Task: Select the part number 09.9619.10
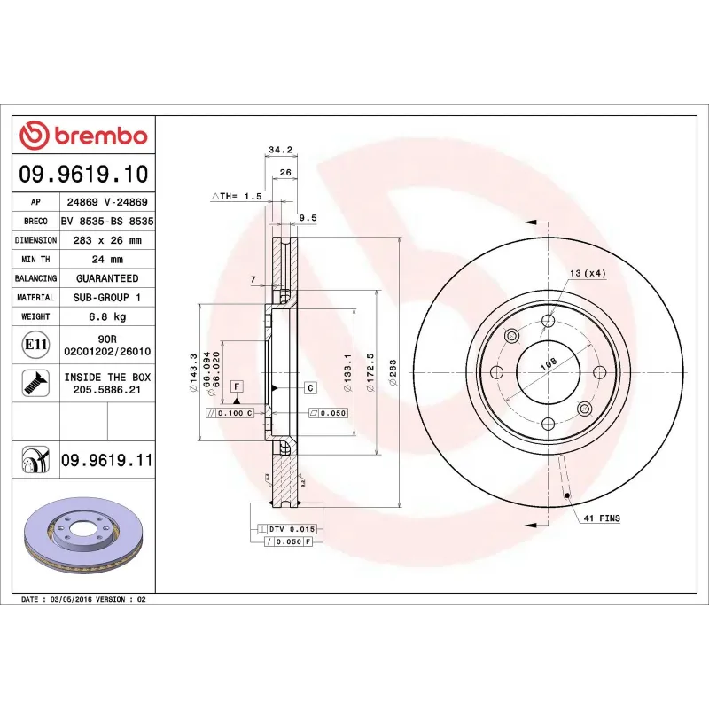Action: tap(84, 173)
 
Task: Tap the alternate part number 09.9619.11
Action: tap(106, 461)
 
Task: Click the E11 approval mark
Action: tap(35, 344)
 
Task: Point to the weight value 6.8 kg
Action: tap(107, 316)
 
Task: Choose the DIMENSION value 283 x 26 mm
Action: tap(107, 240)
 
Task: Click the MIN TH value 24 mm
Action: tap(107, 260)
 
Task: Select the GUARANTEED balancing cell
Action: tap(107, 278)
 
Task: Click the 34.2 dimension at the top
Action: tap(279, 150)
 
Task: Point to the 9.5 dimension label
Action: tap(308, 217)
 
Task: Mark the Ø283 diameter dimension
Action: tap(393, 373)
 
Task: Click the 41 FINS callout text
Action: tap(603, 517)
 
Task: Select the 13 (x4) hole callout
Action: tap(588, 273)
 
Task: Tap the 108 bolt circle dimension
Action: tap(549, 362)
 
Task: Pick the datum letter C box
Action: tap(311, 388)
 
